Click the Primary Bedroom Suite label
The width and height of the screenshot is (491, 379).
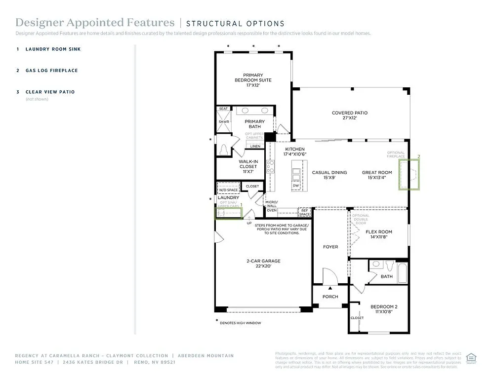click(x=252, y=80)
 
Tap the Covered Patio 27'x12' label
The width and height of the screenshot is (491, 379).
click(x=349, y=115)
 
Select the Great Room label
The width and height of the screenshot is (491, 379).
click(x=377, y=175)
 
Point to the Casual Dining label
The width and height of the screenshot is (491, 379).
click(x=329, y=175)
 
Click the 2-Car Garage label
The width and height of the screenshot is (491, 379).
click(x=264, y=264)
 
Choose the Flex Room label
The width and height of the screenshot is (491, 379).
click(x=379, y=234)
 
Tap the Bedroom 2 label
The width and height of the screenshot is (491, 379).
click(x=384, y=309)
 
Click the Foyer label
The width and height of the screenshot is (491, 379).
click(x=330, y=247)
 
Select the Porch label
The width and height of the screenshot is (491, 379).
click(x=330, y=297)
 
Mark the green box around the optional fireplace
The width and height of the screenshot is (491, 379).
click(x=409, y=175)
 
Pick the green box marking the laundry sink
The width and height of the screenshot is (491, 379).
click(x=229, y=213)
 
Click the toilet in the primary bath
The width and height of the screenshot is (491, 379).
click(x=223, y=150)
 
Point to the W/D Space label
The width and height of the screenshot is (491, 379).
click(x=229, y=189)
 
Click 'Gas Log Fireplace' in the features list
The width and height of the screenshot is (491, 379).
click(x=51, y=71)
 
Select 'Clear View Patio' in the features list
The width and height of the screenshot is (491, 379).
click(x=50, y=92)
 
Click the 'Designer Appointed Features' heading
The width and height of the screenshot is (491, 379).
click(x=95, y=23)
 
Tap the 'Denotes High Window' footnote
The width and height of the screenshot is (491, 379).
click(x=240, y=323)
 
